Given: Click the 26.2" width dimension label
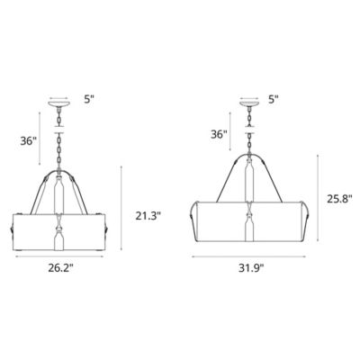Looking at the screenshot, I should point(61,266).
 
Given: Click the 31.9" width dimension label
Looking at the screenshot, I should point(251,266).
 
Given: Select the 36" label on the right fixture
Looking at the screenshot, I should point(218,134).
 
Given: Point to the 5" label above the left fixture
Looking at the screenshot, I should point(86,101).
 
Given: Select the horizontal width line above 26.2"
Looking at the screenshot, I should point(61,256).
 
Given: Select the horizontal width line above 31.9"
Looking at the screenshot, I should point(251,256).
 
